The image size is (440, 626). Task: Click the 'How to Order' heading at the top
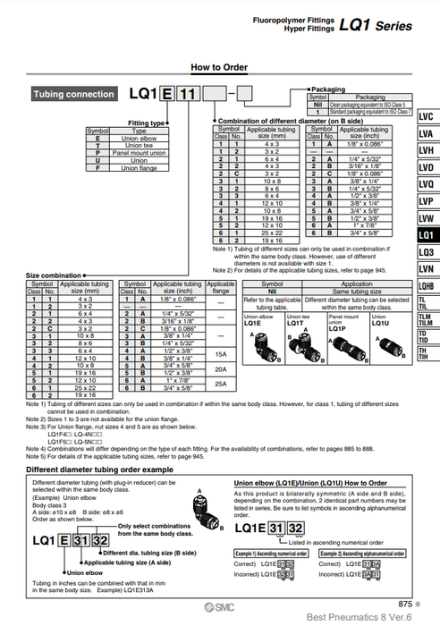(x=220, y=66)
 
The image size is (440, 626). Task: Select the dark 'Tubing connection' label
(x=73, y=94)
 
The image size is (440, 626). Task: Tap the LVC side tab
(x=426, y=117)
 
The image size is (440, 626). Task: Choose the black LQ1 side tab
(x=426, y=235)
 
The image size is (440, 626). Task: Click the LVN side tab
(x=426, y=268)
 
